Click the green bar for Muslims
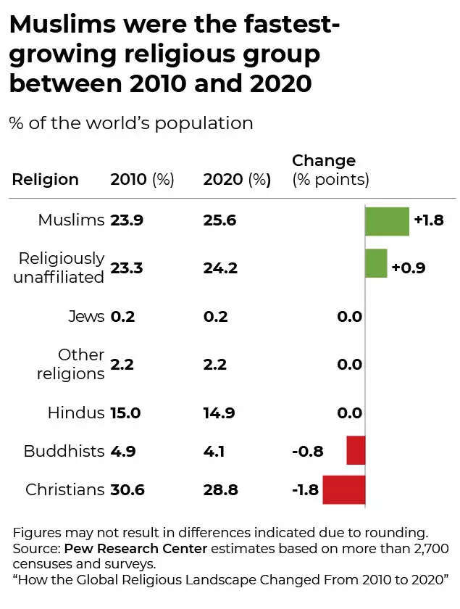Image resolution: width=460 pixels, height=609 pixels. tap(387, 220)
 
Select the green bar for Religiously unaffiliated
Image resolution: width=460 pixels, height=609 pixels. tap(376, 264)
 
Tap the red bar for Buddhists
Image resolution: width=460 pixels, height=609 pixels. tap(356, 450)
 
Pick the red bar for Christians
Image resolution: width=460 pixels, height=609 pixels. tap(344, 489)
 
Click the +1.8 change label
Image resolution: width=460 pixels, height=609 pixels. tap(428, 220)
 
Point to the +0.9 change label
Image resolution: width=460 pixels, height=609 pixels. tap(408, 268)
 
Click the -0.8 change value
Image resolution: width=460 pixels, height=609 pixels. tap(308, 451)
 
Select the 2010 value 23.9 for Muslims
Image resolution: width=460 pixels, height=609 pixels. tap(127, 220)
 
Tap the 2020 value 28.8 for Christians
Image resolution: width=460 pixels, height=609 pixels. tap(221, 490)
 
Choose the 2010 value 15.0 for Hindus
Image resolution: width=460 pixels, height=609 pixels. tap(125, 413)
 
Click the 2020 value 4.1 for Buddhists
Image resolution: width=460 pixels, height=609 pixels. tap(214, 451)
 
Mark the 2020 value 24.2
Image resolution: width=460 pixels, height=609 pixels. tap(221, 268)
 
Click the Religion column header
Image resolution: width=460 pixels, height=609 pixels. tap(45, 179)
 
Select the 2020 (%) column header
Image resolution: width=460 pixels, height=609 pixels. tap(237, 179)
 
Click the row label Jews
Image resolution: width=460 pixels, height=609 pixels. tap(86, 316)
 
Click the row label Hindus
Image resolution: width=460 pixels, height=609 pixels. tap(76, 413)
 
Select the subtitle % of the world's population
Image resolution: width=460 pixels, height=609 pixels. tap(131, 123)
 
